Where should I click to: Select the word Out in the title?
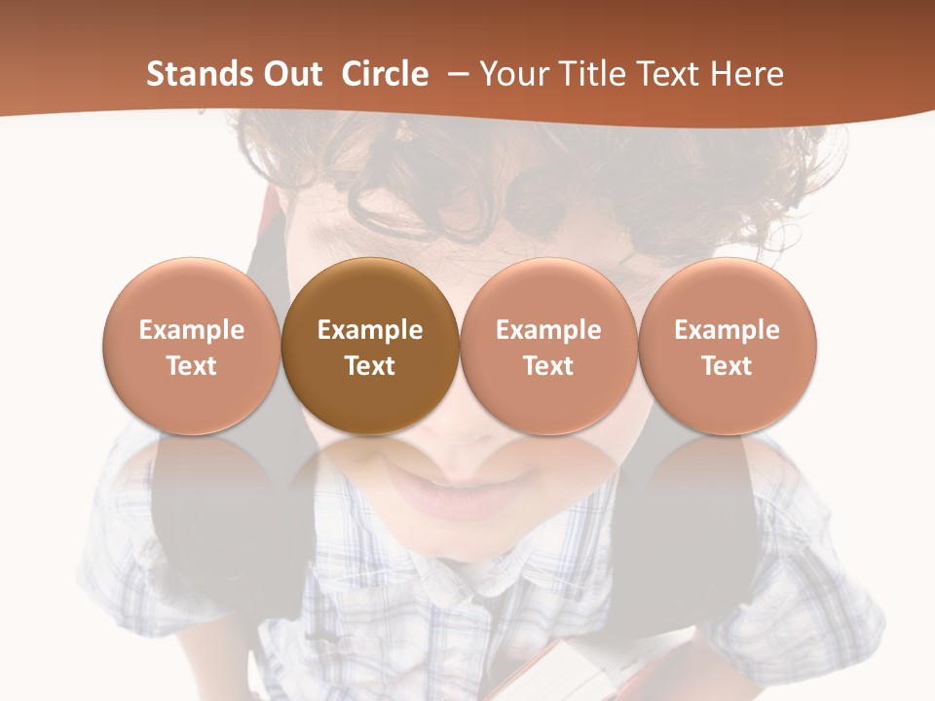click(x=290, y=74)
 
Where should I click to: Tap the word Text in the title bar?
click(x=664, y=74)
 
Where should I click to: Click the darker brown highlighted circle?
click(x=370, y=346)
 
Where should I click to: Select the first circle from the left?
click(x=191, y=346)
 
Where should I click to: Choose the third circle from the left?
click(x=548, y=346)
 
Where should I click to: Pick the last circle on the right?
click(x=728, y=346)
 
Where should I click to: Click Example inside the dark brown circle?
click(x=370, y=330)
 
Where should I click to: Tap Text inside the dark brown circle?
click(x=370, y=366)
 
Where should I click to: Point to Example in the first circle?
click(x=191, y=330)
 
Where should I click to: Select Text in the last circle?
click(x=728, y=366)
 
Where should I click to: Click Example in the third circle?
click(x=548, y=330)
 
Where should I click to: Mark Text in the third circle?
click(x=548, y=366)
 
